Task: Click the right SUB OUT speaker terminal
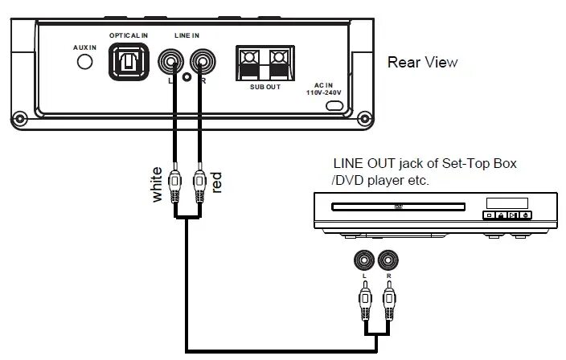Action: [x=277, y=61]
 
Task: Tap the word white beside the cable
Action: [x=157, y=183]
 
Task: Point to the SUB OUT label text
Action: [x=265, y=87]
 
